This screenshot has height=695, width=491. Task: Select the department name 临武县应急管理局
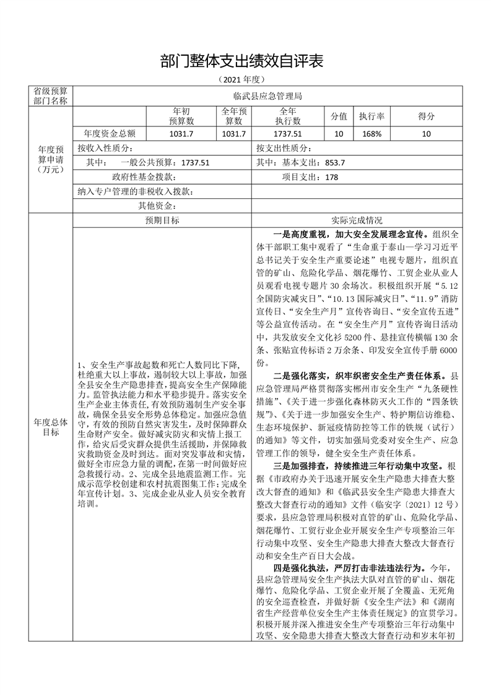[x=267, y=97]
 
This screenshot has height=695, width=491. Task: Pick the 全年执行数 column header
[x=289, y=116]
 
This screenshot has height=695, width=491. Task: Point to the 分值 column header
[x=339, y=116]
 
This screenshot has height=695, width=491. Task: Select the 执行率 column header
[x=372, y=116]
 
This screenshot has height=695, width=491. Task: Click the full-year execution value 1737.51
[x=289, y=133]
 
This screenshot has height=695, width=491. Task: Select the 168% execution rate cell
[x=372, y=133]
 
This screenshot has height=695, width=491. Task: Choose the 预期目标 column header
[x=162, y=221]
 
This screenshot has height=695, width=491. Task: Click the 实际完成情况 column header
[x=357, y=221]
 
